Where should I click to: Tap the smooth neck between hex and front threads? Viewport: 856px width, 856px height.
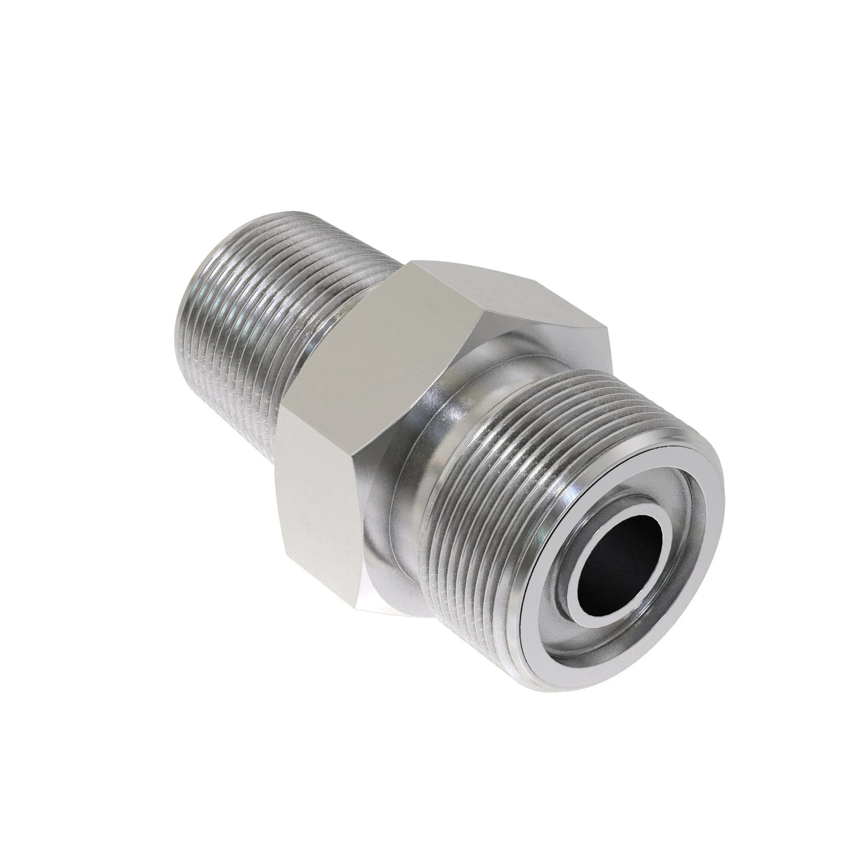pos(437,425)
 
